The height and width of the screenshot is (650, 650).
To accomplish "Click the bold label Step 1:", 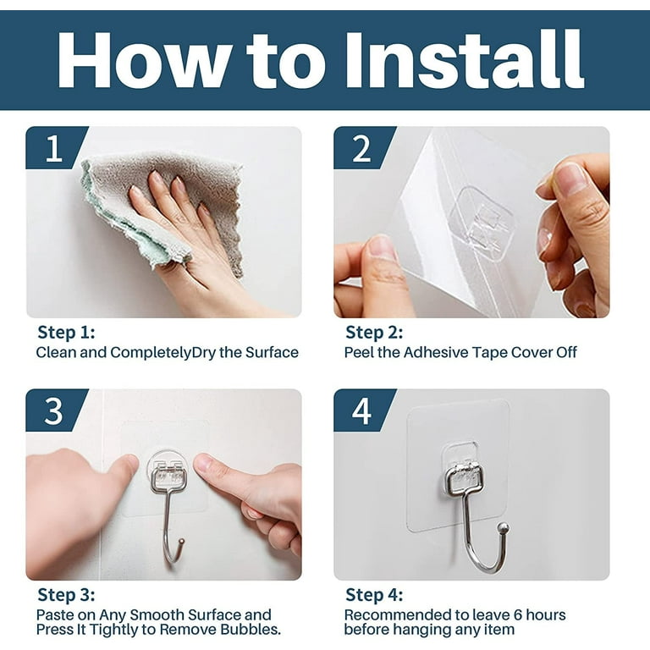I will (66, 332).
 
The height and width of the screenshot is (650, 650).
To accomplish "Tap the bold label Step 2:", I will (374, 332).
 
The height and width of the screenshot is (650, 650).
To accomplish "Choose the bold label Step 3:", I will (66, 595).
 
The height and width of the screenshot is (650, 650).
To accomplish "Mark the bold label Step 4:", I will (374, 595).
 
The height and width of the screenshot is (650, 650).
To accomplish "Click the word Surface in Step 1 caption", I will (270, 352).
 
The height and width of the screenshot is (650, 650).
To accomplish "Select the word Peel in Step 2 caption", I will (359, 352).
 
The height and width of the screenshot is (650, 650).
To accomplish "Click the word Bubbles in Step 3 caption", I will (252, 630).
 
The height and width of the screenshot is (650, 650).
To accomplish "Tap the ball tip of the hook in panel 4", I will (503, 528).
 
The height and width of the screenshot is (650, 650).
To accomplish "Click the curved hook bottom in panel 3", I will (172, 555).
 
